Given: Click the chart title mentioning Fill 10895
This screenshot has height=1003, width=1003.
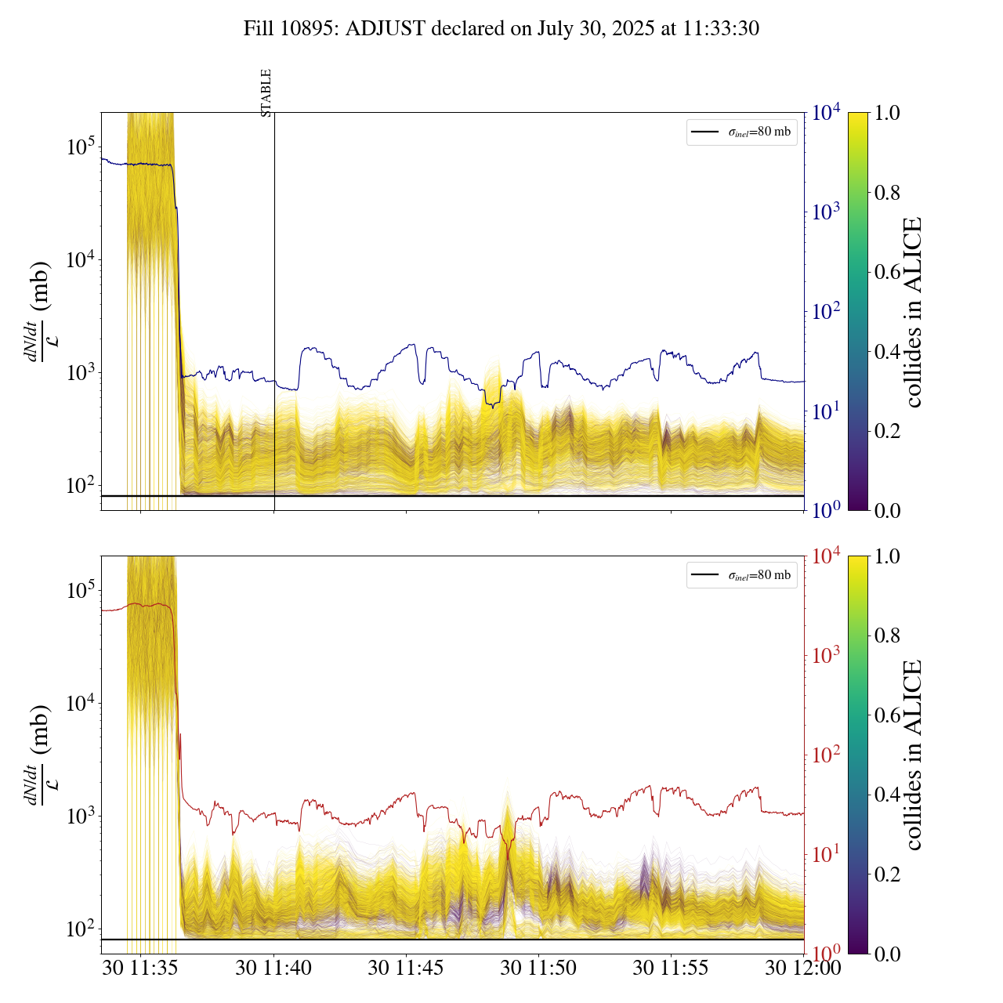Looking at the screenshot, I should tap(501, 29).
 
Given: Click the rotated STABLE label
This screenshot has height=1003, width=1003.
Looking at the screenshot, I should tap(266, 93).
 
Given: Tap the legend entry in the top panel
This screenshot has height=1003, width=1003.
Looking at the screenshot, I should tap(741, 132).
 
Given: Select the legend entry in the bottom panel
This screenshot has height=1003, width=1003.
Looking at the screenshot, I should tap(741, 575).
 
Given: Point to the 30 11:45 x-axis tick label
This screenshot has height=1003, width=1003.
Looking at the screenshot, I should tap(406, 968).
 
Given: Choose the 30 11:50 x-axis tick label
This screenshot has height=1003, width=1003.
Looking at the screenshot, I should tap(538, 968).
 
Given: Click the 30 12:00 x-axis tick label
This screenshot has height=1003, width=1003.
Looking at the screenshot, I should tap(803, 968).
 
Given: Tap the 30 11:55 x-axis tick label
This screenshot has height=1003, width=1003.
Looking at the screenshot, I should tap(671, 968).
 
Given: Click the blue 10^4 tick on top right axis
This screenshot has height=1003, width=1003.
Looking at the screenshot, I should tap(827, 113).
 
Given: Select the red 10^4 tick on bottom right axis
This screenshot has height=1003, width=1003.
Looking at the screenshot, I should tap(827, 556).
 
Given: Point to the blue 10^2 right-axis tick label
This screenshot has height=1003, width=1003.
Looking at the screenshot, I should tap(827, 312).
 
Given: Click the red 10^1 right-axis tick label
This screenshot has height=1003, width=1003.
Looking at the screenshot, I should tap(827, 854).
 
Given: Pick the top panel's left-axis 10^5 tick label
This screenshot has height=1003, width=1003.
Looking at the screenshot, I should tap(80, 147).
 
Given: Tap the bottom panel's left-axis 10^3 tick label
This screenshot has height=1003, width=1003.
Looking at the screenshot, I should tap(80, 816).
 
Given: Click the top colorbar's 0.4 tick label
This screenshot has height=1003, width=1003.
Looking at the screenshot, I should tap(887, 351).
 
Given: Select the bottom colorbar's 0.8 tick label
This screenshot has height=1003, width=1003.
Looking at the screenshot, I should tap(887, 635).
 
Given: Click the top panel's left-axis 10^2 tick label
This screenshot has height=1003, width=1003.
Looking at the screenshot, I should tap(80, 486).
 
